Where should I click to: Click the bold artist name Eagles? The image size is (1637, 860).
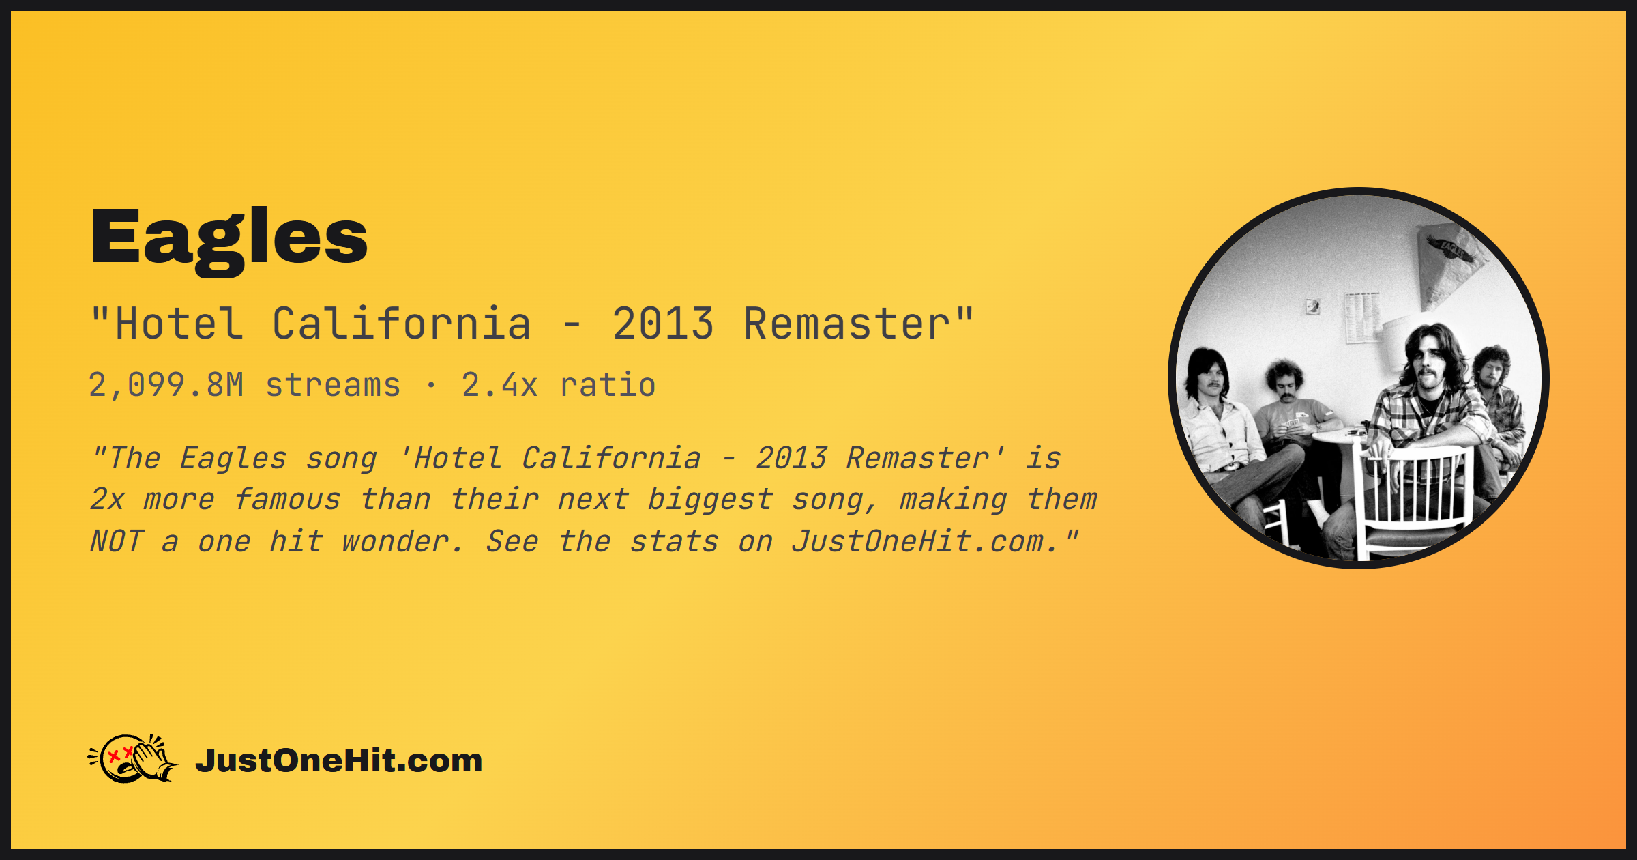[229, 239]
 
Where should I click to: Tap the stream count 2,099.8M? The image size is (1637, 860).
[166, 385]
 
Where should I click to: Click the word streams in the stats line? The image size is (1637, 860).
[333, 386]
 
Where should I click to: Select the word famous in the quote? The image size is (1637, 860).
[287, 499]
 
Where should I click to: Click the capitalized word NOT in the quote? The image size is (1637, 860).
[117, 541]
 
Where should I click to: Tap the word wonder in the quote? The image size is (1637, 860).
[401, 542]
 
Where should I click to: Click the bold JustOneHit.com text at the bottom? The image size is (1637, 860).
[339, 760]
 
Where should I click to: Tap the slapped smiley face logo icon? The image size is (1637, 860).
[133, 758]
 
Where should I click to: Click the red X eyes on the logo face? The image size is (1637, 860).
[120, 754]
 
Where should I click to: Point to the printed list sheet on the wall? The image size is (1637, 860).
[1362, 317]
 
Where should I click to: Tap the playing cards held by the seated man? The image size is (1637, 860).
[1292, 425]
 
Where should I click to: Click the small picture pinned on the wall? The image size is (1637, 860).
[1312, 306]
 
